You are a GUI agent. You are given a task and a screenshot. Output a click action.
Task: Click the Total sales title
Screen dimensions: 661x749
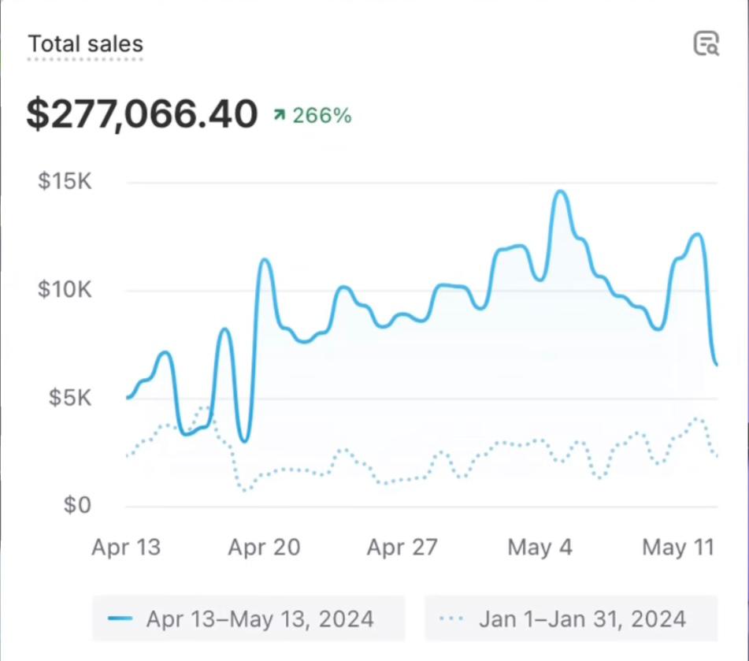(86, 43)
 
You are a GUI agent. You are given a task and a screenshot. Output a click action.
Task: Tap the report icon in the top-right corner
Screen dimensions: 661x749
(706, 43)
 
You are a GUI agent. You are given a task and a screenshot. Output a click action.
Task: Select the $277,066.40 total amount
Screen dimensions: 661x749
(142, 114)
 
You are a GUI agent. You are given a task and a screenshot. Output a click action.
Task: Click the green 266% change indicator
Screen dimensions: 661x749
(321, 116)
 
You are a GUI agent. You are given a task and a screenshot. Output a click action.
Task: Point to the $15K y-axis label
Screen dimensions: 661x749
(65, 181)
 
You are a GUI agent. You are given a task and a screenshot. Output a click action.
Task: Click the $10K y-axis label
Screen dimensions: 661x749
(65, 290)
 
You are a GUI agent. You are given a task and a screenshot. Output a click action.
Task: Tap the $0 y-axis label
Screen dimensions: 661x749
(77, 505)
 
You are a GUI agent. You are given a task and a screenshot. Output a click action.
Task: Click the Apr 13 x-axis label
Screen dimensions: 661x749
(126, 547)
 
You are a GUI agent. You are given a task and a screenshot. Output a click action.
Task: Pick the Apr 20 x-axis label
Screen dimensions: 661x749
(264, 547)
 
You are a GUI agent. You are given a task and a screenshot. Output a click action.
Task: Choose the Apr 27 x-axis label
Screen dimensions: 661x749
(402, 547)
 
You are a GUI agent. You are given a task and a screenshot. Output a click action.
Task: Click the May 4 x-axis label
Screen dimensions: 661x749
(540, 547)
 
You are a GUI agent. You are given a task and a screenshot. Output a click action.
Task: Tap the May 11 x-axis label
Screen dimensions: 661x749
(678, 547)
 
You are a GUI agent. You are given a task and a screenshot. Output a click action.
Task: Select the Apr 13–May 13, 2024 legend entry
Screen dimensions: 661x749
(249, 618)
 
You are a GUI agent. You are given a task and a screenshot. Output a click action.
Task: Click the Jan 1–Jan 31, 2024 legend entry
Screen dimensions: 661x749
(571, 618)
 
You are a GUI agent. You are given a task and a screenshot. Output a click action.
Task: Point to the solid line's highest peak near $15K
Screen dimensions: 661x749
(560, 191)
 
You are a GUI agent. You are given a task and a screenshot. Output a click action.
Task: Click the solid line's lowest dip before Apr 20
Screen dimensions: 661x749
(243, 440)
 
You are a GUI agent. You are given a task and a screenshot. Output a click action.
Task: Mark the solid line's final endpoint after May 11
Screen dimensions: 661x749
(716, 364)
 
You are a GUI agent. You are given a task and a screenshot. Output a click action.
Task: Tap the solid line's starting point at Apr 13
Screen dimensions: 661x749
(128, 398)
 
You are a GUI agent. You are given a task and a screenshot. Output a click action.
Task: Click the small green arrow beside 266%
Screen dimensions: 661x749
(279, 115)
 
